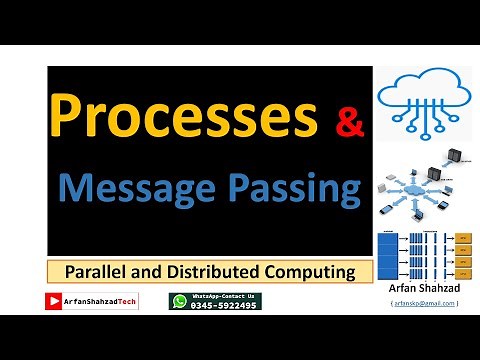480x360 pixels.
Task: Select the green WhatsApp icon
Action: point(179,301)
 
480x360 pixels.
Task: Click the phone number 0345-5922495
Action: point(223,305)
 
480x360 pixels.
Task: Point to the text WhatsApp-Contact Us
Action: point(223,296)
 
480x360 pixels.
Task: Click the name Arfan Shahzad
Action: point(424,288)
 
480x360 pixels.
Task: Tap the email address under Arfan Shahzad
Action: point(424,302)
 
